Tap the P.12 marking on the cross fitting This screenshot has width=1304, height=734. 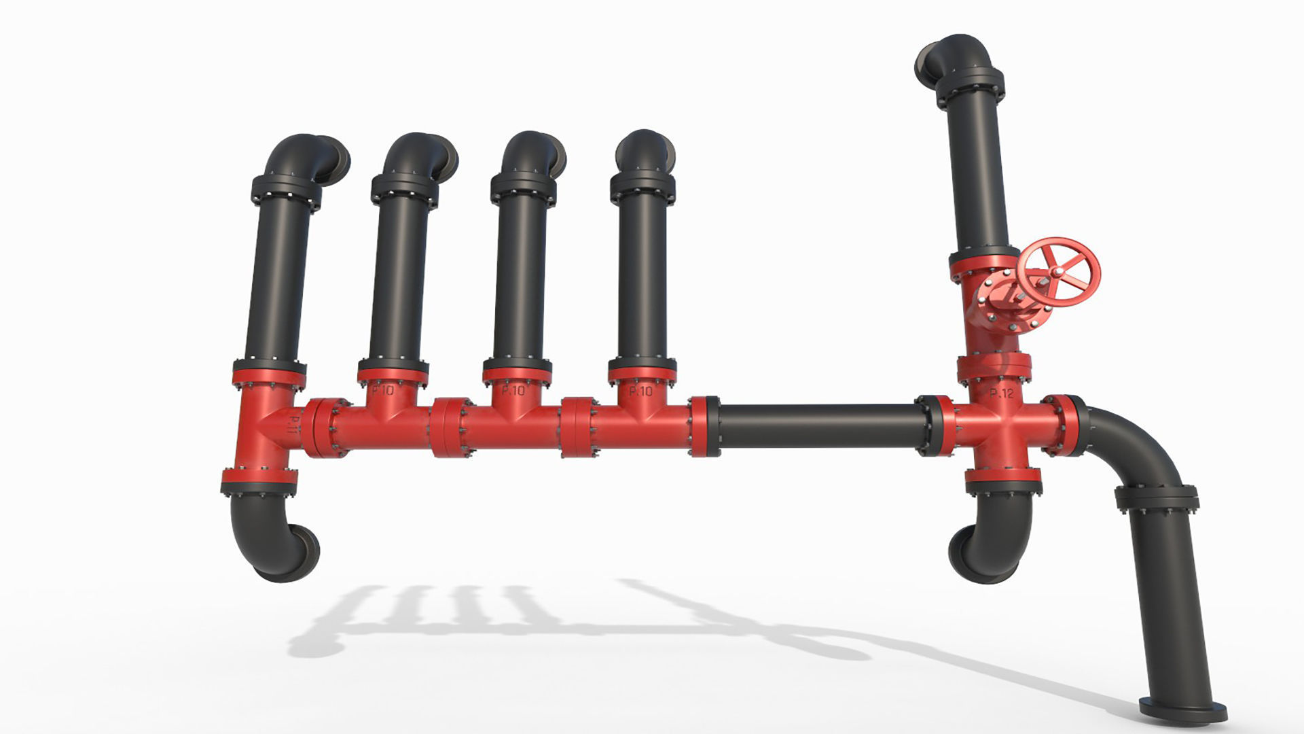click(1001, 393)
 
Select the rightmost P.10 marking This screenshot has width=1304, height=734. click(640, 391)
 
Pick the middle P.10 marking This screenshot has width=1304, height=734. click(513, 391)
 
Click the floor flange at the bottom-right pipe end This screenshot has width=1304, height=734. click(1183, 710)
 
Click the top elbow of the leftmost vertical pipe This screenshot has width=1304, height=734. click(299, 156)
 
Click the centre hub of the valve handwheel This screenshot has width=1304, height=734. click(1057, 273)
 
